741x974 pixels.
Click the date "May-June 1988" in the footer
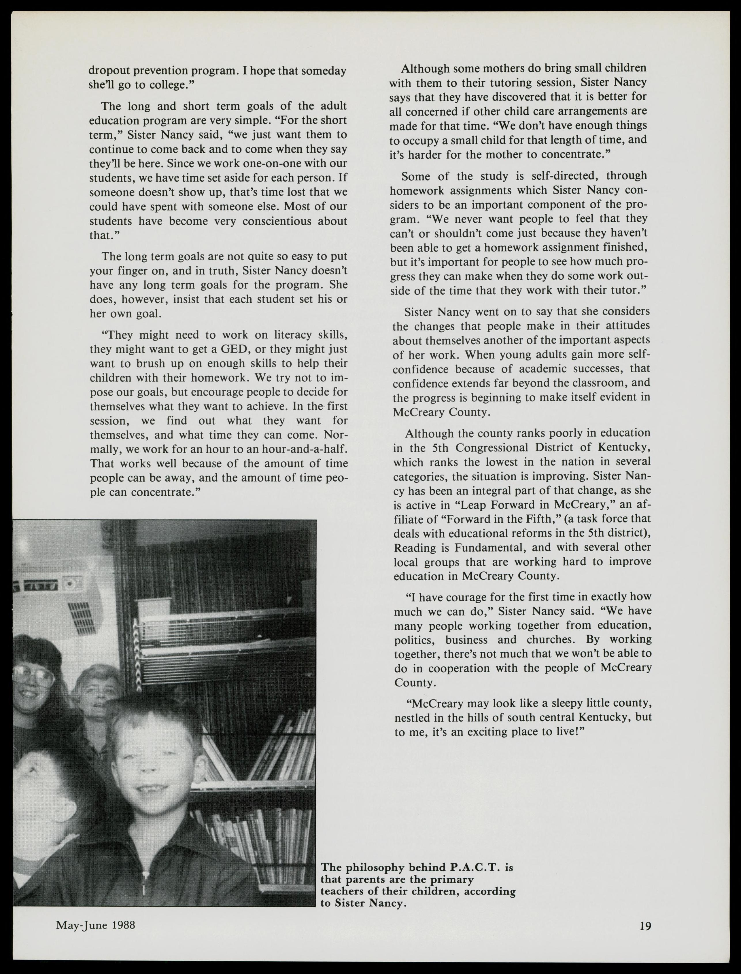(95, 925)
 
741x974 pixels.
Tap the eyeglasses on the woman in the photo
(31, 673)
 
